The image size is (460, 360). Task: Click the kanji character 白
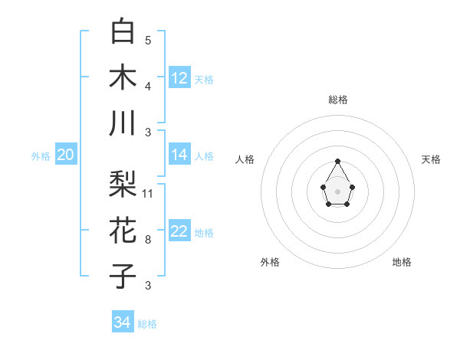[123, 31]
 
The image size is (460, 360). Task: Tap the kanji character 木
[123, 77]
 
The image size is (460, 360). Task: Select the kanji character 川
[123, 123]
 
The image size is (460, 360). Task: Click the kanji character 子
[123, 277]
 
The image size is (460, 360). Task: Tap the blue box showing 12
[179, 78]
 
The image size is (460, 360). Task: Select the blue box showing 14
[179, 155]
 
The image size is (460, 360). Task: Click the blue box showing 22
[179, 232]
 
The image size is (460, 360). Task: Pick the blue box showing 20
[66, 155]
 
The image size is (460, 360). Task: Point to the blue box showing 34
[123, 322]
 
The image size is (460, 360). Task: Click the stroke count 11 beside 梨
[148, 194]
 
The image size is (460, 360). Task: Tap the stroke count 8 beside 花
[147, 240]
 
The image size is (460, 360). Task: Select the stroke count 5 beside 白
[147, 41]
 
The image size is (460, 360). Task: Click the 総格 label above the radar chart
[338, 100]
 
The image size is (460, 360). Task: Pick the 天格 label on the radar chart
[432, 159]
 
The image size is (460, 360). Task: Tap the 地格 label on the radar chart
[402, 262]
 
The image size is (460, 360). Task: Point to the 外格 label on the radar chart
[270, 262]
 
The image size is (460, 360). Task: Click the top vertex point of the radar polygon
[337, 161]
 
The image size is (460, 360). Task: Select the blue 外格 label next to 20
[41, 156]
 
